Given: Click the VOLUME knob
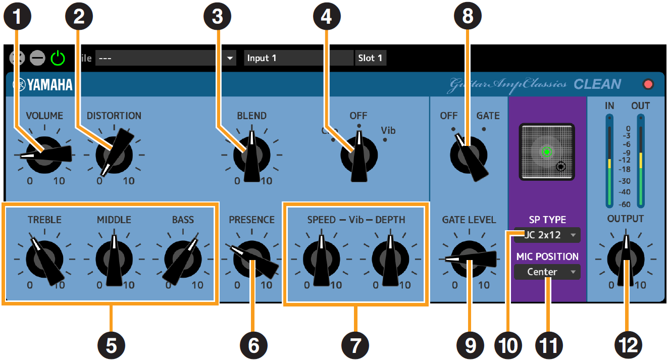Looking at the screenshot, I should coord(44,155).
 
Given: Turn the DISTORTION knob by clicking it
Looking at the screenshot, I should coord(114,155).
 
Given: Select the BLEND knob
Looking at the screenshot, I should coord(251,156).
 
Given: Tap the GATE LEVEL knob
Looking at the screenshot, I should coord(469,259).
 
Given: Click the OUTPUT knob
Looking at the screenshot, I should coord(626,258).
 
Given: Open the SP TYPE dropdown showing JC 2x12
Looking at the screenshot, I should coord(547,235).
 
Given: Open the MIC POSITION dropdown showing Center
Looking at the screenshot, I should coord(547,272).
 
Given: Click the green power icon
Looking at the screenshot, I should coord(58,58).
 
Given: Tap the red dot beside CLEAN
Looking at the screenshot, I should coord(648,84).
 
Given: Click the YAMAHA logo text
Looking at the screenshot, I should coord(43,85).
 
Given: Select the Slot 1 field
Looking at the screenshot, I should coord(371,58).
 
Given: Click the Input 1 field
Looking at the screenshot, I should coord(298,58).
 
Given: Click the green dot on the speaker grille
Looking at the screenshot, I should coord(546,151).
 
